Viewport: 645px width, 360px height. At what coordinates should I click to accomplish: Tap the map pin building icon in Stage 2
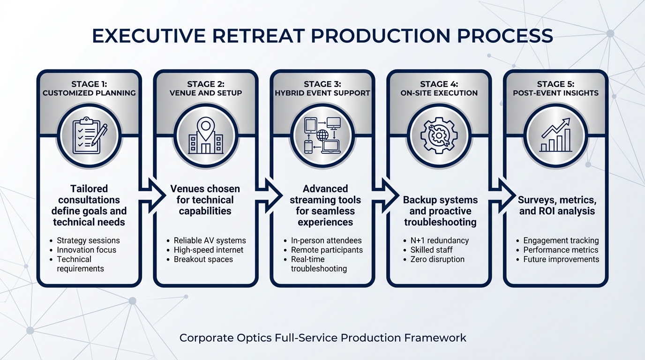tap(205, 136)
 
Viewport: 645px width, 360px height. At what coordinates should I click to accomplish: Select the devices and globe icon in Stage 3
tap(322, 136)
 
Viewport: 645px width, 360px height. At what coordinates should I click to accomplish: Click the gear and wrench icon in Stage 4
tap(439, 136)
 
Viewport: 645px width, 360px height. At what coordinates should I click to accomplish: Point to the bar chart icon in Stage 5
tap(555, 136)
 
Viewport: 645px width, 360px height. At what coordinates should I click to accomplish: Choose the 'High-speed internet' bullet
tap(209, 250)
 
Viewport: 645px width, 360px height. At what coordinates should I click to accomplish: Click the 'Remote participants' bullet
tap(327, 250)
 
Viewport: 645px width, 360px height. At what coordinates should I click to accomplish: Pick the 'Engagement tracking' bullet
tap(561, 240)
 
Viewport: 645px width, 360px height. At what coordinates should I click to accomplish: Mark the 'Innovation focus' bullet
tap(86, 250)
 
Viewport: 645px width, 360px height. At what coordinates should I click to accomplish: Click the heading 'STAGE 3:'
tap(322, 84)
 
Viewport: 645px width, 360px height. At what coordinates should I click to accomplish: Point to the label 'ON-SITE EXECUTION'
tap(439, 93)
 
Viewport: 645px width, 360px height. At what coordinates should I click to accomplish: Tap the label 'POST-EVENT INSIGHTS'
tap(555, 93)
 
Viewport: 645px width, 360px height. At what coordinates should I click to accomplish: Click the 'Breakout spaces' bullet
tap(203, 259)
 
